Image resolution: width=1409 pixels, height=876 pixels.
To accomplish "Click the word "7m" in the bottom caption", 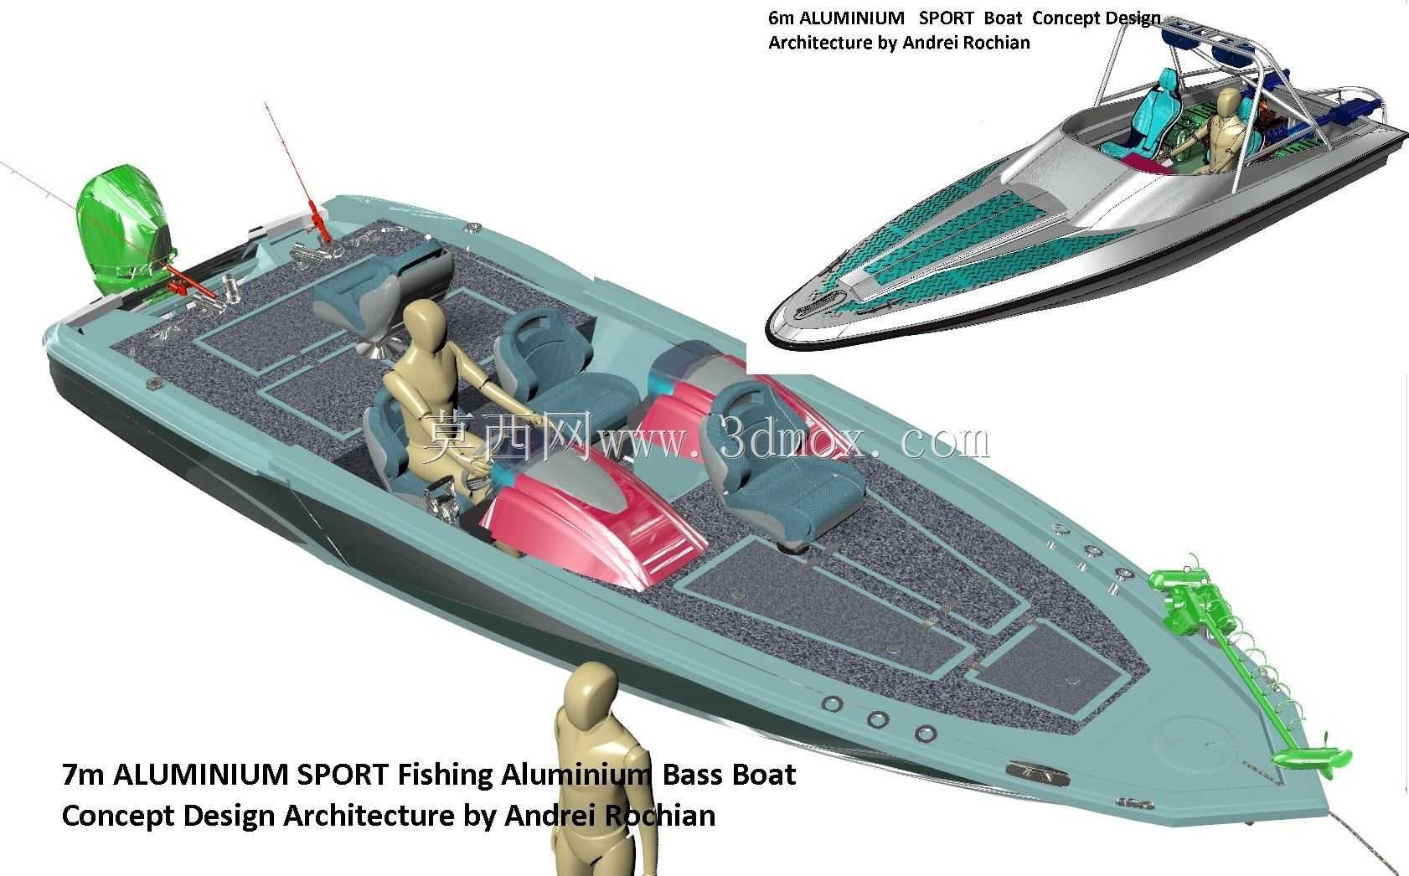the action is pyautogui.click(x=83, y=775).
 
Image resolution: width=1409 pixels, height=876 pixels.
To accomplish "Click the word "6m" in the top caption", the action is pyautogui.click(x=781, y=18).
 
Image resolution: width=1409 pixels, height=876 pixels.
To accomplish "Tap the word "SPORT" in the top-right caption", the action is pyautogui.click(x=946, y=18).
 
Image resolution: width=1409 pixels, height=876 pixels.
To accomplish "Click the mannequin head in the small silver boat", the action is pyautogui.click(x=1228, y=100).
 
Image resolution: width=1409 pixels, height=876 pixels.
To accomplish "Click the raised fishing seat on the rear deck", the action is pyautogui.click(x=384, y=289).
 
